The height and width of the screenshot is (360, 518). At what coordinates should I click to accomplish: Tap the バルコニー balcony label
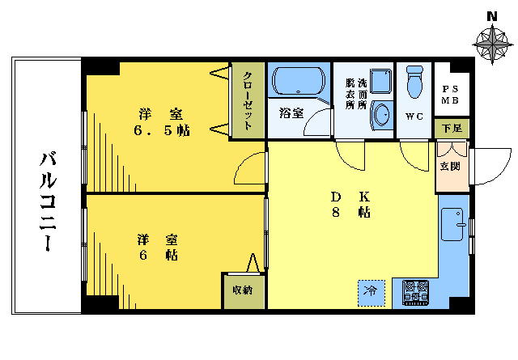48,201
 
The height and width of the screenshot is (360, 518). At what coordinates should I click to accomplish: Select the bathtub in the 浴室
299,81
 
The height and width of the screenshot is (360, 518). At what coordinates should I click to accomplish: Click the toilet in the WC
414,82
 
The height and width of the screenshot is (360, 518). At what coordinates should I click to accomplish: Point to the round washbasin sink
382,114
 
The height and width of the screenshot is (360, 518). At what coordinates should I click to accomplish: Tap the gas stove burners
416,293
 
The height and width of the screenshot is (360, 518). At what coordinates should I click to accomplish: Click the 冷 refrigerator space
372,293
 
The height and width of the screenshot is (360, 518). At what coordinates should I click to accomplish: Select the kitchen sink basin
452,224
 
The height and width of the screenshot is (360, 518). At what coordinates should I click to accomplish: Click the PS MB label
450,95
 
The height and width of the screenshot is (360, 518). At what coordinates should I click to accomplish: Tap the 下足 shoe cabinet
452,128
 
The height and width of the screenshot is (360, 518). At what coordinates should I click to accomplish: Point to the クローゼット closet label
248,100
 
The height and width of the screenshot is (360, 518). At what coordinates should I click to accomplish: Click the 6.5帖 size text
162,131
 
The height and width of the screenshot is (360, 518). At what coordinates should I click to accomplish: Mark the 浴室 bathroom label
291,113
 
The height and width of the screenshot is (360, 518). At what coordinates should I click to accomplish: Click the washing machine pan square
381,81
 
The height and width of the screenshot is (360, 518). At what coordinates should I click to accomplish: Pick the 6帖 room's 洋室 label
158,239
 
